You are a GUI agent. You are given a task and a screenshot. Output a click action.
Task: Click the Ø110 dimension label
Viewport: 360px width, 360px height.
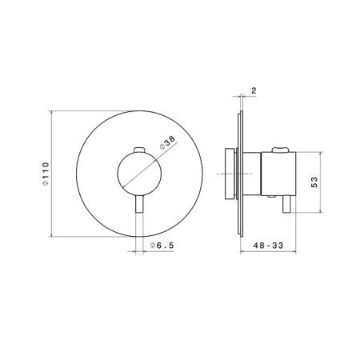(x=46, y=174)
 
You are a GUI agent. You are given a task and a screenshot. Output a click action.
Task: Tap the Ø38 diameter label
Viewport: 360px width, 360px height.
(x=167, y=142)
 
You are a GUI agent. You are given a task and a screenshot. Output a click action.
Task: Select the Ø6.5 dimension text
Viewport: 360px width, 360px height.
(x=162, y=245)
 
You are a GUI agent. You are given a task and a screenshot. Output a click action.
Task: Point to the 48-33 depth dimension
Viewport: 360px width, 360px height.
(x=268, y=245)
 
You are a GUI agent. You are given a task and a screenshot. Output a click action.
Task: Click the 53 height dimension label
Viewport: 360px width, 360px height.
(x=314, y=182)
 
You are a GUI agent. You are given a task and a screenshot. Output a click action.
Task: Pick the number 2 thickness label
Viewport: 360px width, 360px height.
(x=254, y=90)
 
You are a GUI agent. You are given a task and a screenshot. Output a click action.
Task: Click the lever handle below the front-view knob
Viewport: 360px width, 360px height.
(x=139, y=204)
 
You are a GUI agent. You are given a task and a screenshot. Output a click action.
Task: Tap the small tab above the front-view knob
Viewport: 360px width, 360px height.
(x=139, y=150)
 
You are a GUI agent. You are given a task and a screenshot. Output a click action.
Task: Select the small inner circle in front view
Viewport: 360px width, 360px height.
(x=139, y=174)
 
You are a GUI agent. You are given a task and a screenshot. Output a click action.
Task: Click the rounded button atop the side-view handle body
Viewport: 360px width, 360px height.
(x=280, y=150)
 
